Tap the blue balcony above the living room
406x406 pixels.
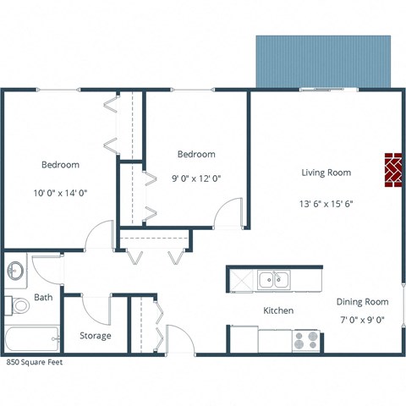coord(325,60)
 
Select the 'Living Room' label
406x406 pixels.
coord(326,173)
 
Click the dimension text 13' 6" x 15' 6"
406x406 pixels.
coord(326,203)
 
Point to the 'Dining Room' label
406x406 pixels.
coord(362,302)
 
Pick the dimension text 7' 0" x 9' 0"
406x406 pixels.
coord(362,320)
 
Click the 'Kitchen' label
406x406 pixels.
coord(278,310)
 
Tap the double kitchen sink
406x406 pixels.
coord(274,279)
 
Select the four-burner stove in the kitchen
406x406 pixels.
coord(305,340)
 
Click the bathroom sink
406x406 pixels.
coord(15,272)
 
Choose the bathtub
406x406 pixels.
coord(30,339)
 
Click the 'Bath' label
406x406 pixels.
coord(43,298)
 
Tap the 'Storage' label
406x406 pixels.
coord(96,336)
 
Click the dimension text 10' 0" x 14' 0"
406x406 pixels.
coord(60,192)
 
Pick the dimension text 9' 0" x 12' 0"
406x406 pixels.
coord(196,178)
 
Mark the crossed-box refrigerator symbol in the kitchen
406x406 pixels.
coord(241,279)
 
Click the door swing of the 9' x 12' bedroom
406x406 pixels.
coord(228,213)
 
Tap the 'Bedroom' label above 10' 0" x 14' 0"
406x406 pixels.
coord(60,164)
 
